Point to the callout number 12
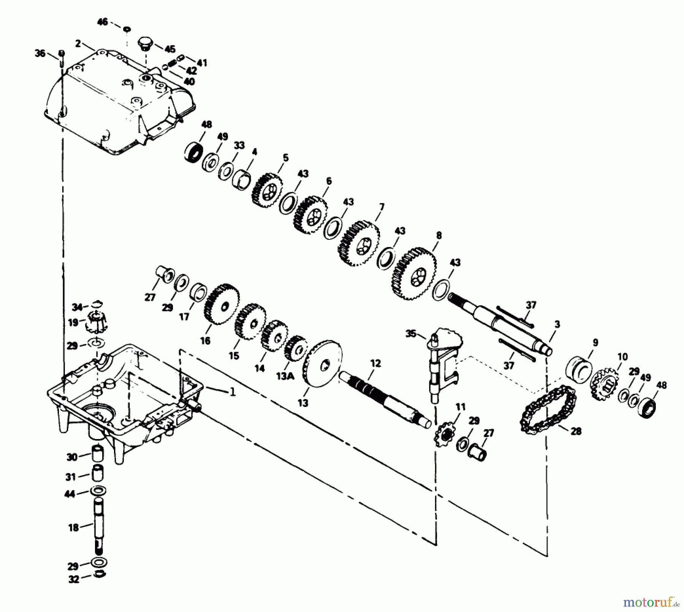(x=375, y=363)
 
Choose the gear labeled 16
(x=222, y=304)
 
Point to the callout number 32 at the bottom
(x=73, y=580)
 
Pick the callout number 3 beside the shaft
(x=557, y=324)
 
